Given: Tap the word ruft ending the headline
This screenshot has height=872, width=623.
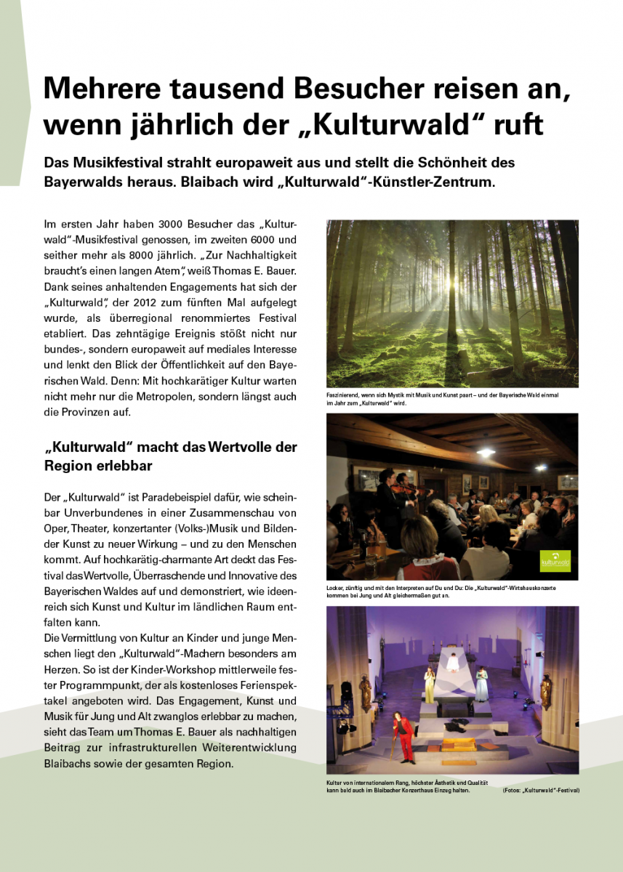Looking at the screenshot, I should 515,124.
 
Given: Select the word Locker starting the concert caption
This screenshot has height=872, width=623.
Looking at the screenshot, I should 335,587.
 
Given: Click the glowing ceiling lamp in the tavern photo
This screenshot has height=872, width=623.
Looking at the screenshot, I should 484,452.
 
